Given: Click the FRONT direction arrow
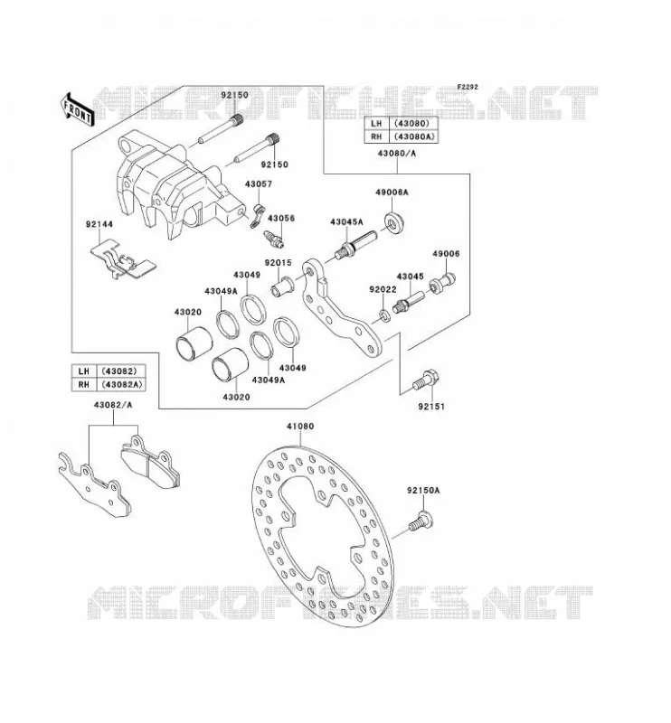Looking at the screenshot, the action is [x=77, y=109].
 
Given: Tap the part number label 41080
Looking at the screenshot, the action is [x=300, y=427].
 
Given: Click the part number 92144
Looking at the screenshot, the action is [x=99, y=224].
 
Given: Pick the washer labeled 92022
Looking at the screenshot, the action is [x=384, y=315].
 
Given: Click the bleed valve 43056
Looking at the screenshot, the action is [x=274, y=238].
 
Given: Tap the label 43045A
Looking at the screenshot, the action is [x=346, y=222].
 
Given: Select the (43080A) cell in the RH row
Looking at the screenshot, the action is [x=413, y=137].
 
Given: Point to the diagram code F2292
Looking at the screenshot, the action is [x=468, y=87].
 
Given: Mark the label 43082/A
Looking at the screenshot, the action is [x=113, y=405].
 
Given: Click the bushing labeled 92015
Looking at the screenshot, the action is [x=281, y=286].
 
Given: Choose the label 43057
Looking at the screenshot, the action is [x=259, y=184].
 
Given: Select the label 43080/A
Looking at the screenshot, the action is [x=397, y=154].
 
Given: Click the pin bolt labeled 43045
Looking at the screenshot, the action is [x=409, y=302].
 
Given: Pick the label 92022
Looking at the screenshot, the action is [x=383, y=289].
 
